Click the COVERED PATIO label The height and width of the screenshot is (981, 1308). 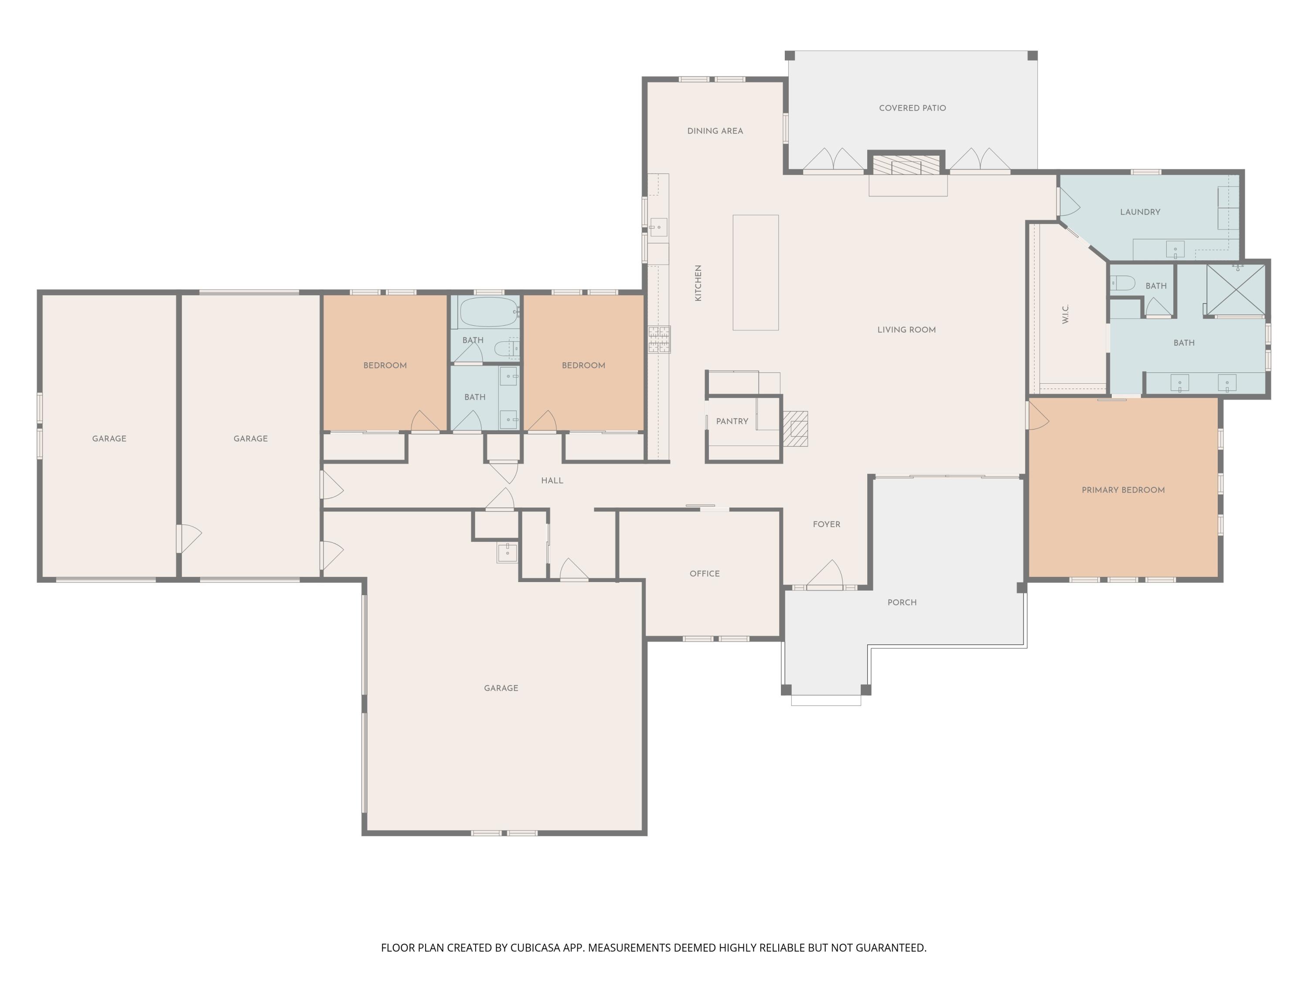tap(913, 108)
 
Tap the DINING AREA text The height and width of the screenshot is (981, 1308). tap(715, 131)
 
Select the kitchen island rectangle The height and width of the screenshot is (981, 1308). tap(756, 272)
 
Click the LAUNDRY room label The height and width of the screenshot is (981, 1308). tap(1140, 212)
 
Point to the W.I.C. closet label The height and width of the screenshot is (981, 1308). tap(1066, 314)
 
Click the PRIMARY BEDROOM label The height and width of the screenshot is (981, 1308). tap(1123, 490)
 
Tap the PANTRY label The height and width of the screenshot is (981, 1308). tap(732, 422)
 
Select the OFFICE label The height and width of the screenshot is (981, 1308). tap(704, 574)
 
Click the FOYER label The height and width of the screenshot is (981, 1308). tap(826, 525)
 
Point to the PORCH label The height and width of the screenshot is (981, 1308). tap(902, 603)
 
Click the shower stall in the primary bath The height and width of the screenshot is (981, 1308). tap(1235, 290)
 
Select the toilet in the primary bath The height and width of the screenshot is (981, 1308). tap(1122, 284)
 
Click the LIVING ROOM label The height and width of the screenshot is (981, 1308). tap(906, 330)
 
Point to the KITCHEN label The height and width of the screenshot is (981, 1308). tap(698, 283)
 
